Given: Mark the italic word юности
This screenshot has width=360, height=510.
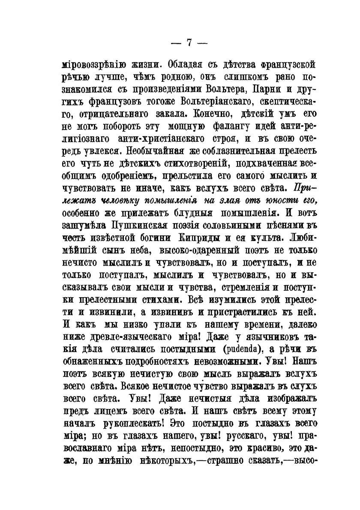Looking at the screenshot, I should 269,189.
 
